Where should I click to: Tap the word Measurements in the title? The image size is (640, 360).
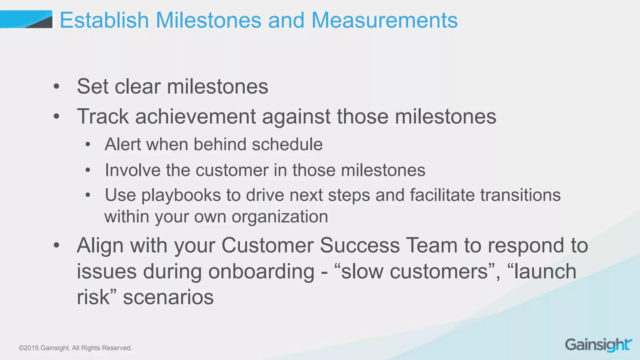[384, 20]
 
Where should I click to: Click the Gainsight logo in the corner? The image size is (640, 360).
[598, 345]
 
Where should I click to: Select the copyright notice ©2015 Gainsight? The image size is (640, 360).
[75, 348]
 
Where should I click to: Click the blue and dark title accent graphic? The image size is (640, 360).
[27, 19]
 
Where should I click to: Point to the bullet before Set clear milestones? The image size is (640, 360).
[56, 87]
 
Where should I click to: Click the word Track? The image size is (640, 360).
[103, 116]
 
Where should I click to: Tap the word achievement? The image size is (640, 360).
[195, 116]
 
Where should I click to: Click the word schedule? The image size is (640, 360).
[287, 144]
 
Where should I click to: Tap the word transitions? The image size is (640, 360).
[520, 195]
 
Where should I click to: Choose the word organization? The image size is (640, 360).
[280, 217]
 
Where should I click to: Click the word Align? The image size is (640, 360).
[100, 246]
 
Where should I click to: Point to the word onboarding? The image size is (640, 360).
[261, 271]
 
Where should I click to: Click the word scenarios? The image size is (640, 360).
[168, 297]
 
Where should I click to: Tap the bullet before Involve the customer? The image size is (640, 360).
[88, 170]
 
